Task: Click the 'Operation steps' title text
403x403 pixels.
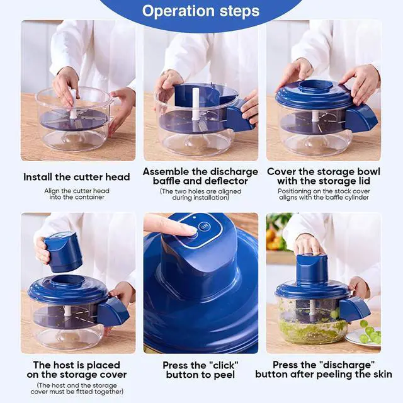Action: (200, 11)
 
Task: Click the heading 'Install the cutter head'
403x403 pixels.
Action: (77, 177)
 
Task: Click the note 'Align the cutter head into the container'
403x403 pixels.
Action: (77, 194)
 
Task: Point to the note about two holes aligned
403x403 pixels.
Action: (200, 195)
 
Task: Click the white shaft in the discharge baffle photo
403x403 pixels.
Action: (195, 104)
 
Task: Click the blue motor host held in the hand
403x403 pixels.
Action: (63, 251)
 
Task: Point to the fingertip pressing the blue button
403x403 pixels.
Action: (189, 230)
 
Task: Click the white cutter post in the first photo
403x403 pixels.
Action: (73, 105)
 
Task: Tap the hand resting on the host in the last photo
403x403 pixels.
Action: (308, 244)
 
